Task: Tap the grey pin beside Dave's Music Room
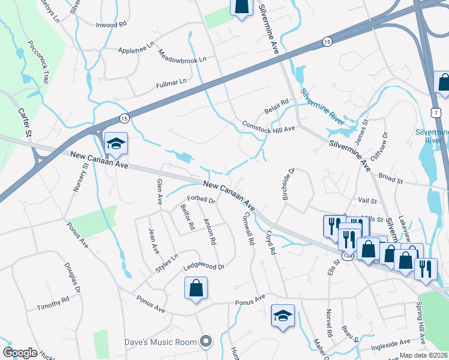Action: [x=206, y=341]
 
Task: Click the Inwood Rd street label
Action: [x=112, y=25]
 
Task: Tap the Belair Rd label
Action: [x=277, y=107]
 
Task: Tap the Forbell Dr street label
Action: [x=200, y=199]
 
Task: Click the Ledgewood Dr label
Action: [x=203, y=265]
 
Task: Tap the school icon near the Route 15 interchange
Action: [x=116, y=143]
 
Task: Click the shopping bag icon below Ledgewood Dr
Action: [x=196, y=289]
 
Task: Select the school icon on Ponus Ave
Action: [x=282, y=315]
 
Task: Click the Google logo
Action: [x=20, y=353]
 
